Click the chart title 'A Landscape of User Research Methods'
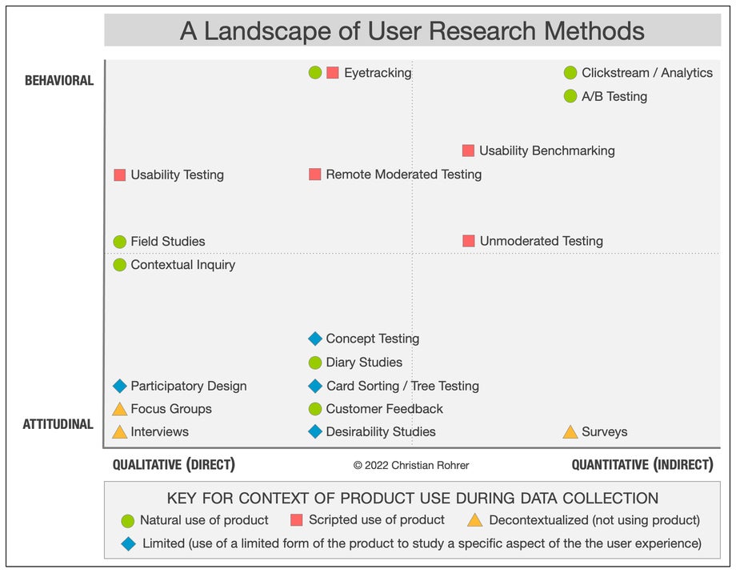coord(412,30)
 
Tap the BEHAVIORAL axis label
coord(59,81)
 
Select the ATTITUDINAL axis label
coord(58,424)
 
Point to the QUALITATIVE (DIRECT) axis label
coord(174,465)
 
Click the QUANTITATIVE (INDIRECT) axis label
coord(642,465)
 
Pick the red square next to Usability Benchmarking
coord(468,150)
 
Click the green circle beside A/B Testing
coord(570,96)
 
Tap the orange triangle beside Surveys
coord(570,432)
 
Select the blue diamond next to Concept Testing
coord(315,339)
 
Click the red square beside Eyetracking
coord(333,73)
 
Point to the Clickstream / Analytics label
coord(646,73)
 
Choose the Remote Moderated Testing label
coord(403,174)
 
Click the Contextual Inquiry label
coord(183,265)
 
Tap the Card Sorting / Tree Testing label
coord(402,386)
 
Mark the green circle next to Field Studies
coord(120,242)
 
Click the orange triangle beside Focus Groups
coord(120,409)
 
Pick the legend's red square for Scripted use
coord(297,520)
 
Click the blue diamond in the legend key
coord(128,543)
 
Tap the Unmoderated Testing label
coord(541,241)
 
